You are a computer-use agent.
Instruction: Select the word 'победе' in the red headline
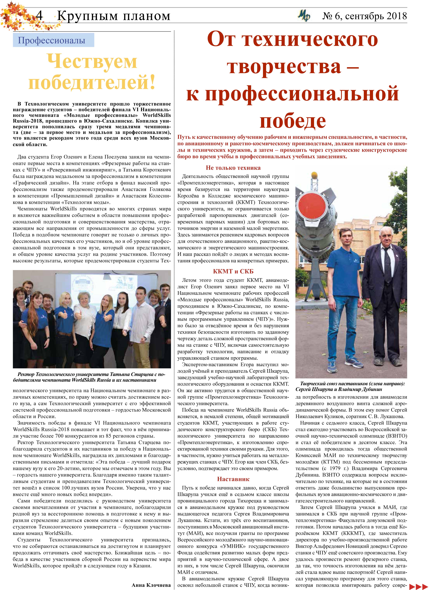pyautogui.click(x=293, y=121)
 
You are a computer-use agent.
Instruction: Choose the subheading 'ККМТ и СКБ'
pyautogui.click(x=233, y=271)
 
